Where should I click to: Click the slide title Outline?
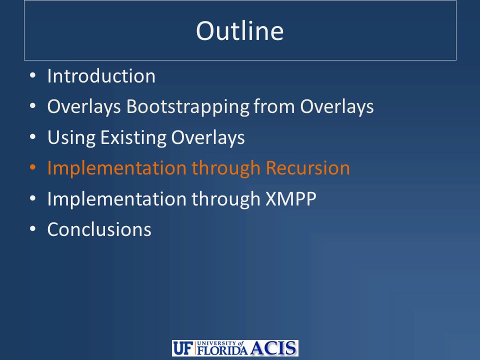(x=239, y=31)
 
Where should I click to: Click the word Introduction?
(x=101, y=76)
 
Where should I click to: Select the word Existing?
(x=133, y=137)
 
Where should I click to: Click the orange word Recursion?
(x=307, y=168)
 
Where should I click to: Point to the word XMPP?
(x=291, y=199)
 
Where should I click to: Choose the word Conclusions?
(x=99, y=229)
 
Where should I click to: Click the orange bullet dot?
(x=33, y=167)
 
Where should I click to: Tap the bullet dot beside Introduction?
(x=33, y=75)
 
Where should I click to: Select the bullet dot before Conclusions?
(x=33, y=229)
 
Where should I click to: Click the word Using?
(x=71, y=137)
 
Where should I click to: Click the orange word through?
(x=226, y=168)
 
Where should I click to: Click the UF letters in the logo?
(x=183, y=348)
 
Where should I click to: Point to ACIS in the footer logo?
(x=273, y=348)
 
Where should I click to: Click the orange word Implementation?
(x=117, y=168)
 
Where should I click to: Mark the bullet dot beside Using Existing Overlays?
(x=33, y=137)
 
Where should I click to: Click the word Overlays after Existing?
(x=208, y=137)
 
